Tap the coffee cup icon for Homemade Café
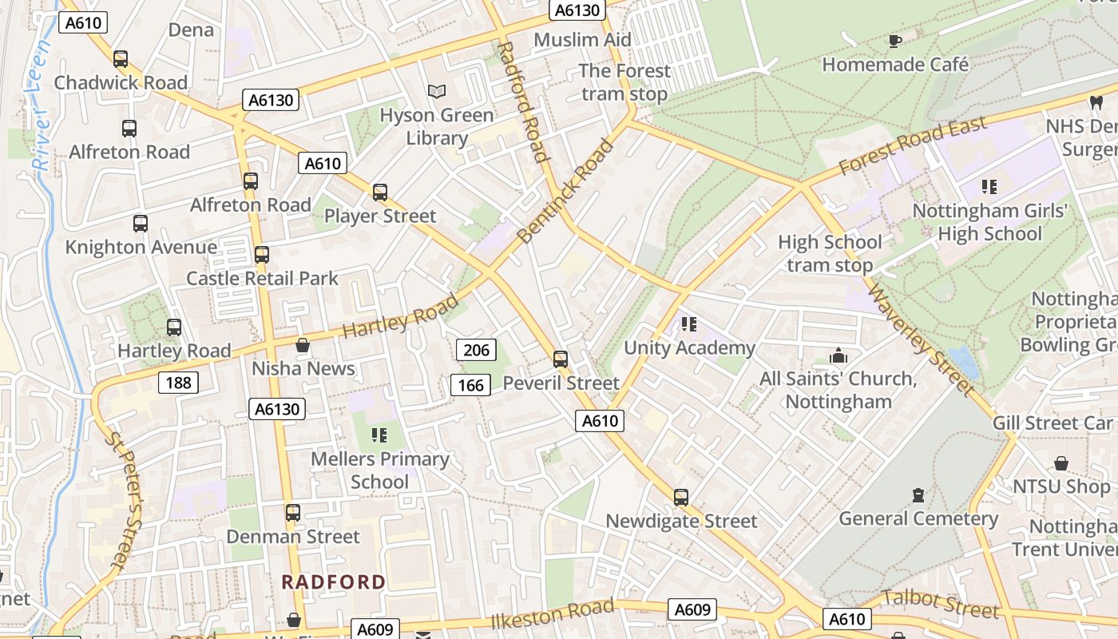point(895,41)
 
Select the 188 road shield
point(178,383)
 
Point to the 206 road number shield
point(476,349)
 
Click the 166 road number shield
point(470,385)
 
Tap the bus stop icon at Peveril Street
point(561,359)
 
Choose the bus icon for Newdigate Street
point(680,498)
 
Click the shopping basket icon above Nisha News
point(303,345)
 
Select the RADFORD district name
point(334,581)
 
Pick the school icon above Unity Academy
point(689,324)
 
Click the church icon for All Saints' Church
point(838,355)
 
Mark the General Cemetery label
point(918,518)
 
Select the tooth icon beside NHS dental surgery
point(1096,102)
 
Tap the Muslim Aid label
point(582,40)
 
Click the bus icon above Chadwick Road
point(121,59)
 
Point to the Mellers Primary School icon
point(379,435)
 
